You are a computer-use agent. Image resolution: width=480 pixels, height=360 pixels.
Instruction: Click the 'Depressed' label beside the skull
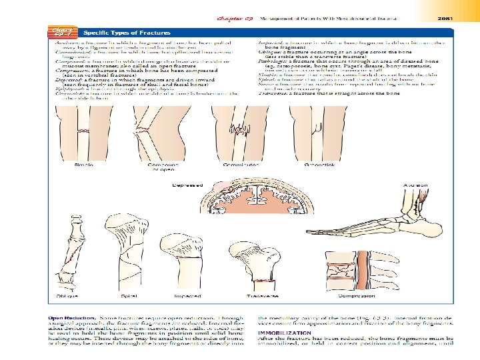point(185,185)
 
